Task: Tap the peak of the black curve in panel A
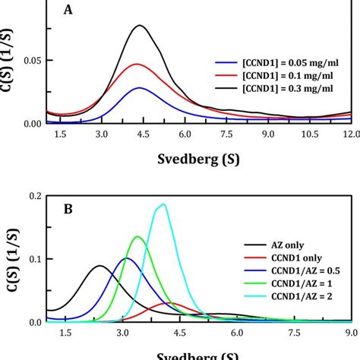140,26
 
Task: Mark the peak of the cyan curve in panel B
162,204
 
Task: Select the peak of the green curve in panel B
138,237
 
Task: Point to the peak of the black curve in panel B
99,266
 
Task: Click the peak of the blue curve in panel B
126,258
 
